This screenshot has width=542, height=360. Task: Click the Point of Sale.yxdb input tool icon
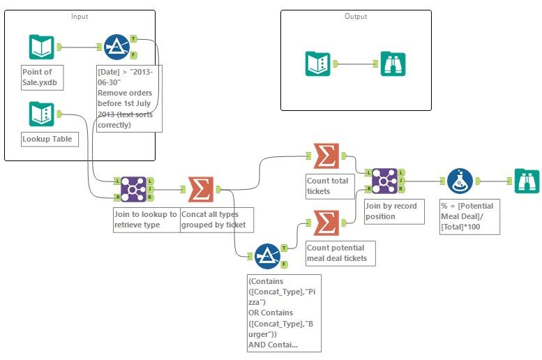(41, 47)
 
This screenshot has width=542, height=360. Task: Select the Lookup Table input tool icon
(41, 114)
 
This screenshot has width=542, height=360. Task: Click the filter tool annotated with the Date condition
(116, 47)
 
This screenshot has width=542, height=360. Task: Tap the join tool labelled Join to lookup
(133, 188)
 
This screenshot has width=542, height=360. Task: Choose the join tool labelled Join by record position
(385, 181)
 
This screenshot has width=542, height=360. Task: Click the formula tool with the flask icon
(460, 181)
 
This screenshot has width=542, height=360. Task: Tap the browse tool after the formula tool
(526, 181)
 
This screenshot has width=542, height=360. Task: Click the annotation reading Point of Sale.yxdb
(42, 75)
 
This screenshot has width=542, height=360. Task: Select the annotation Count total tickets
(330, 185)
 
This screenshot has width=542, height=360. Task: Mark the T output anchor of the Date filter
(133, 38)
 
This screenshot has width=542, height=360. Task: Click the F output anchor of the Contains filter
(284, 264)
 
